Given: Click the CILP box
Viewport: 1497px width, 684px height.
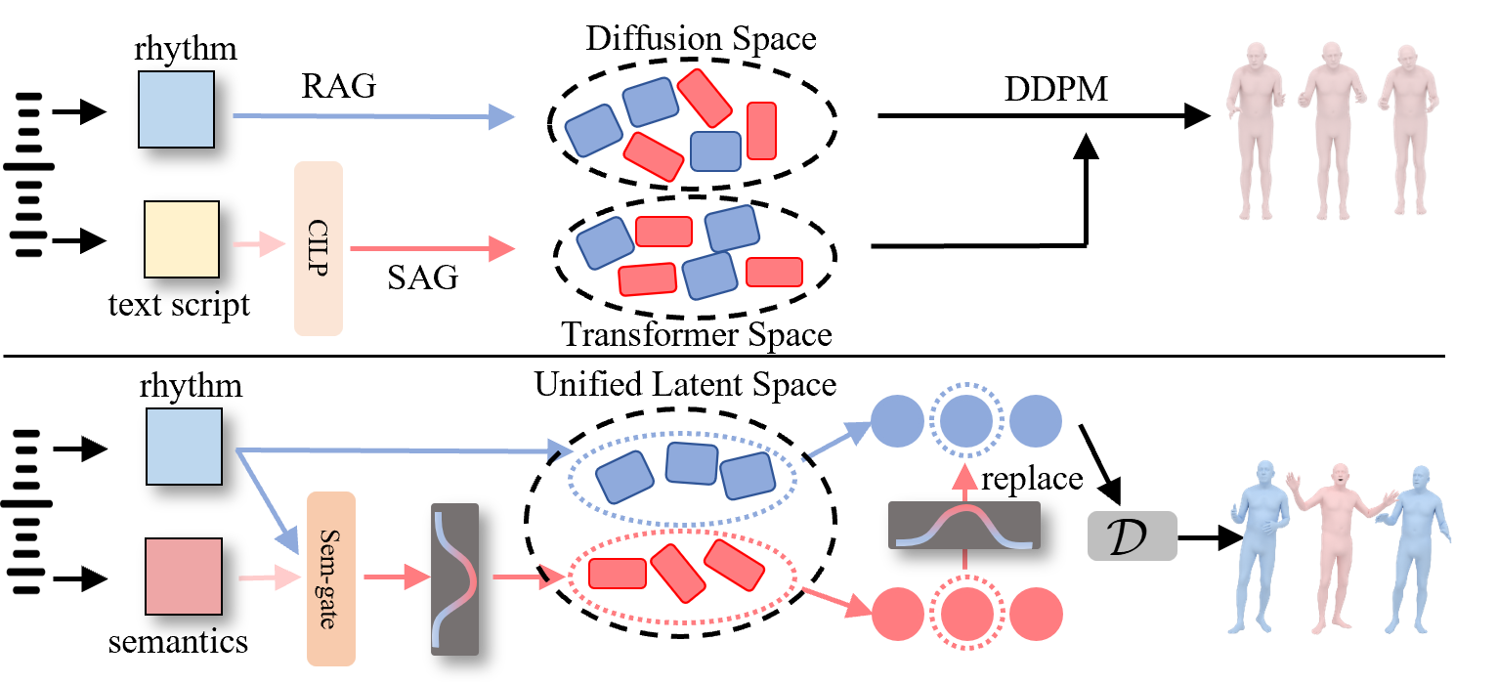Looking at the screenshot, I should (x=319, y=249).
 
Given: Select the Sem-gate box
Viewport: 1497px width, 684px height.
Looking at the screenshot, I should (x=330, y=578).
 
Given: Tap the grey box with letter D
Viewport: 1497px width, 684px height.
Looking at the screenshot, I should (x=1132, y=536).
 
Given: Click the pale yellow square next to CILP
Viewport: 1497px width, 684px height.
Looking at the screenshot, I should (x=182, y=239).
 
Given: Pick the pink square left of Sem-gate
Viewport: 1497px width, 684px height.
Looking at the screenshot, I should (x=184, y=577).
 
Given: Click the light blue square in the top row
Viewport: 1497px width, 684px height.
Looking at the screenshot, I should (x=176, y=109).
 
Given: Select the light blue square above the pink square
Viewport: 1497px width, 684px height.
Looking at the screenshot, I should (x=184, y=447).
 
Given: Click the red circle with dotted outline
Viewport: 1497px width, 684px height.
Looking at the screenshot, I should (x=965, y=615).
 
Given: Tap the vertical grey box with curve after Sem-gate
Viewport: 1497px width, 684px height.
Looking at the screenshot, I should (x=454, y=578).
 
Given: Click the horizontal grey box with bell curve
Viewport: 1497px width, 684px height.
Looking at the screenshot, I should (x=963, y=525).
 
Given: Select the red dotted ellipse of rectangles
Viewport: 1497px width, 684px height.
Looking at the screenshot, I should (x=682, y=576).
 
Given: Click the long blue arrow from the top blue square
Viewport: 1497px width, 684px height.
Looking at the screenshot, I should (x=371, y=116).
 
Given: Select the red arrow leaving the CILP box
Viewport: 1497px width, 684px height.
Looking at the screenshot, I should (x=430, y=249).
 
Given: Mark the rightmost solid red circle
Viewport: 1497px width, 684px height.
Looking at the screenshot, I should (x=1036, y=615).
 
